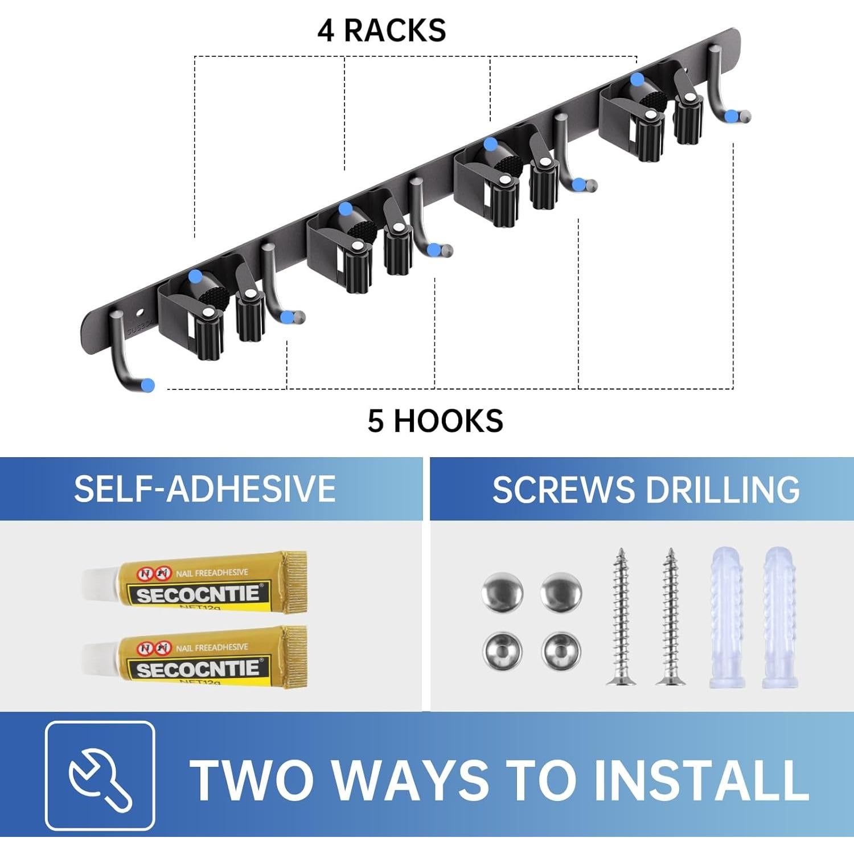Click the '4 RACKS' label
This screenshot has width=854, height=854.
[x=381, y=30]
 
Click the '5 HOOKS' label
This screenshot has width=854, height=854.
[x=435, y=421]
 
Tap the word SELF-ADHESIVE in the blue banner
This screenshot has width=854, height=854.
[x=205, y=488]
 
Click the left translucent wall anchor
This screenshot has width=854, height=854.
[x=727, y=618]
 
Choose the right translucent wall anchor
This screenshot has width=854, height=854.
[x=780, y=618]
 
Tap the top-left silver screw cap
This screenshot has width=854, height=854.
[x=502, y=592]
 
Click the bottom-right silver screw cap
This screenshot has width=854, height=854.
[x=561, y=651]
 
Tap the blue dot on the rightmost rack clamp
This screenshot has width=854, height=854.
[x=637, y=79]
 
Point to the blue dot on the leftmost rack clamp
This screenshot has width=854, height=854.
[x=195, y=277]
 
